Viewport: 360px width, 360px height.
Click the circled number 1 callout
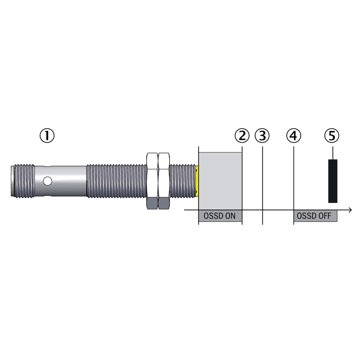47,135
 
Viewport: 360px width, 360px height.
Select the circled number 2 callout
242,135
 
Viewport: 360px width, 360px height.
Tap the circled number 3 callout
262,135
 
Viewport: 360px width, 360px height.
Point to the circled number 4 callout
294,135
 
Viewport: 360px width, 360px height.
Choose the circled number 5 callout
332,135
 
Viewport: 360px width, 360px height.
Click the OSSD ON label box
220,216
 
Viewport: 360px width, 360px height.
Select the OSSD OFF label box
315,216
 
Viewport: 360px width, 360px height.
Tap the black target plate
333,181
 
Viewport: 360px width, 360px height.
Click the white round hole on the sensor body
48,181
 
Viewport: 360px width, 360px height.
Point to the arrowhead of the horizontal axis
350,210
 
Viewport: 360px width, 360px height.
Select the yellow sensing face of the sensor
197,181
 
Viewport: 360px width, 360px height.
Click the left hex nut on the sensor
152,181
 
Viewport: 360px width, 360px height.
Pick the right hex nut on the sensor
164,181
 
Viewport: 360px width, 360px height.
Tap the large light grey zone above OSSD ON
220,181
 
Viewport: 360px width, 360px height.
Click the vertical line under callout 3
262,185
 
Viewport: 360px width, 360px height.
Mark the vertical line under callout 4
294,185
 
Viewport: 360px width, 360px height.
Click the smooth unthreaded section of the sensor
61,181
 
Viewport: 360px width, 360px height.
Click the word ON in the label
229,216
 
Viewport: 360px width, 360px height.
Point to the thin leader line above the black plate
333,153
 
